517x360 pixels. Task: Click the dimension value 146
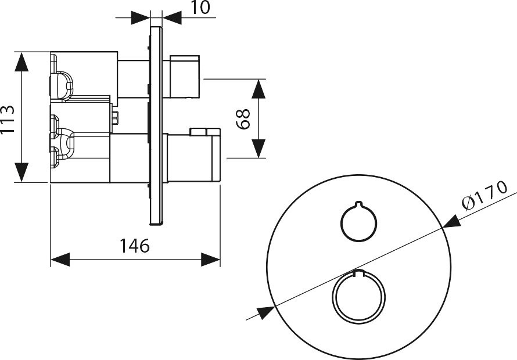[x=135, y=246]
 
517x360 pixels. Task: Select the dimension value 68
[x=243, y=119]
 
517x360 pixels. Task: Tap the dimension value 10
[x=200, y=8]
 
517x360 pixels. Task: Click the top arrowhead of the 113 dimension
[x=21, y=62]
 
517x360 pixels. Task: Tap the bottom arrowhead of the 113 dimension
[x=21, y=172]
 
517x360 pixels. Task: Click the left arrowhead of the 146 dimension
[x=60, y=260]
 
